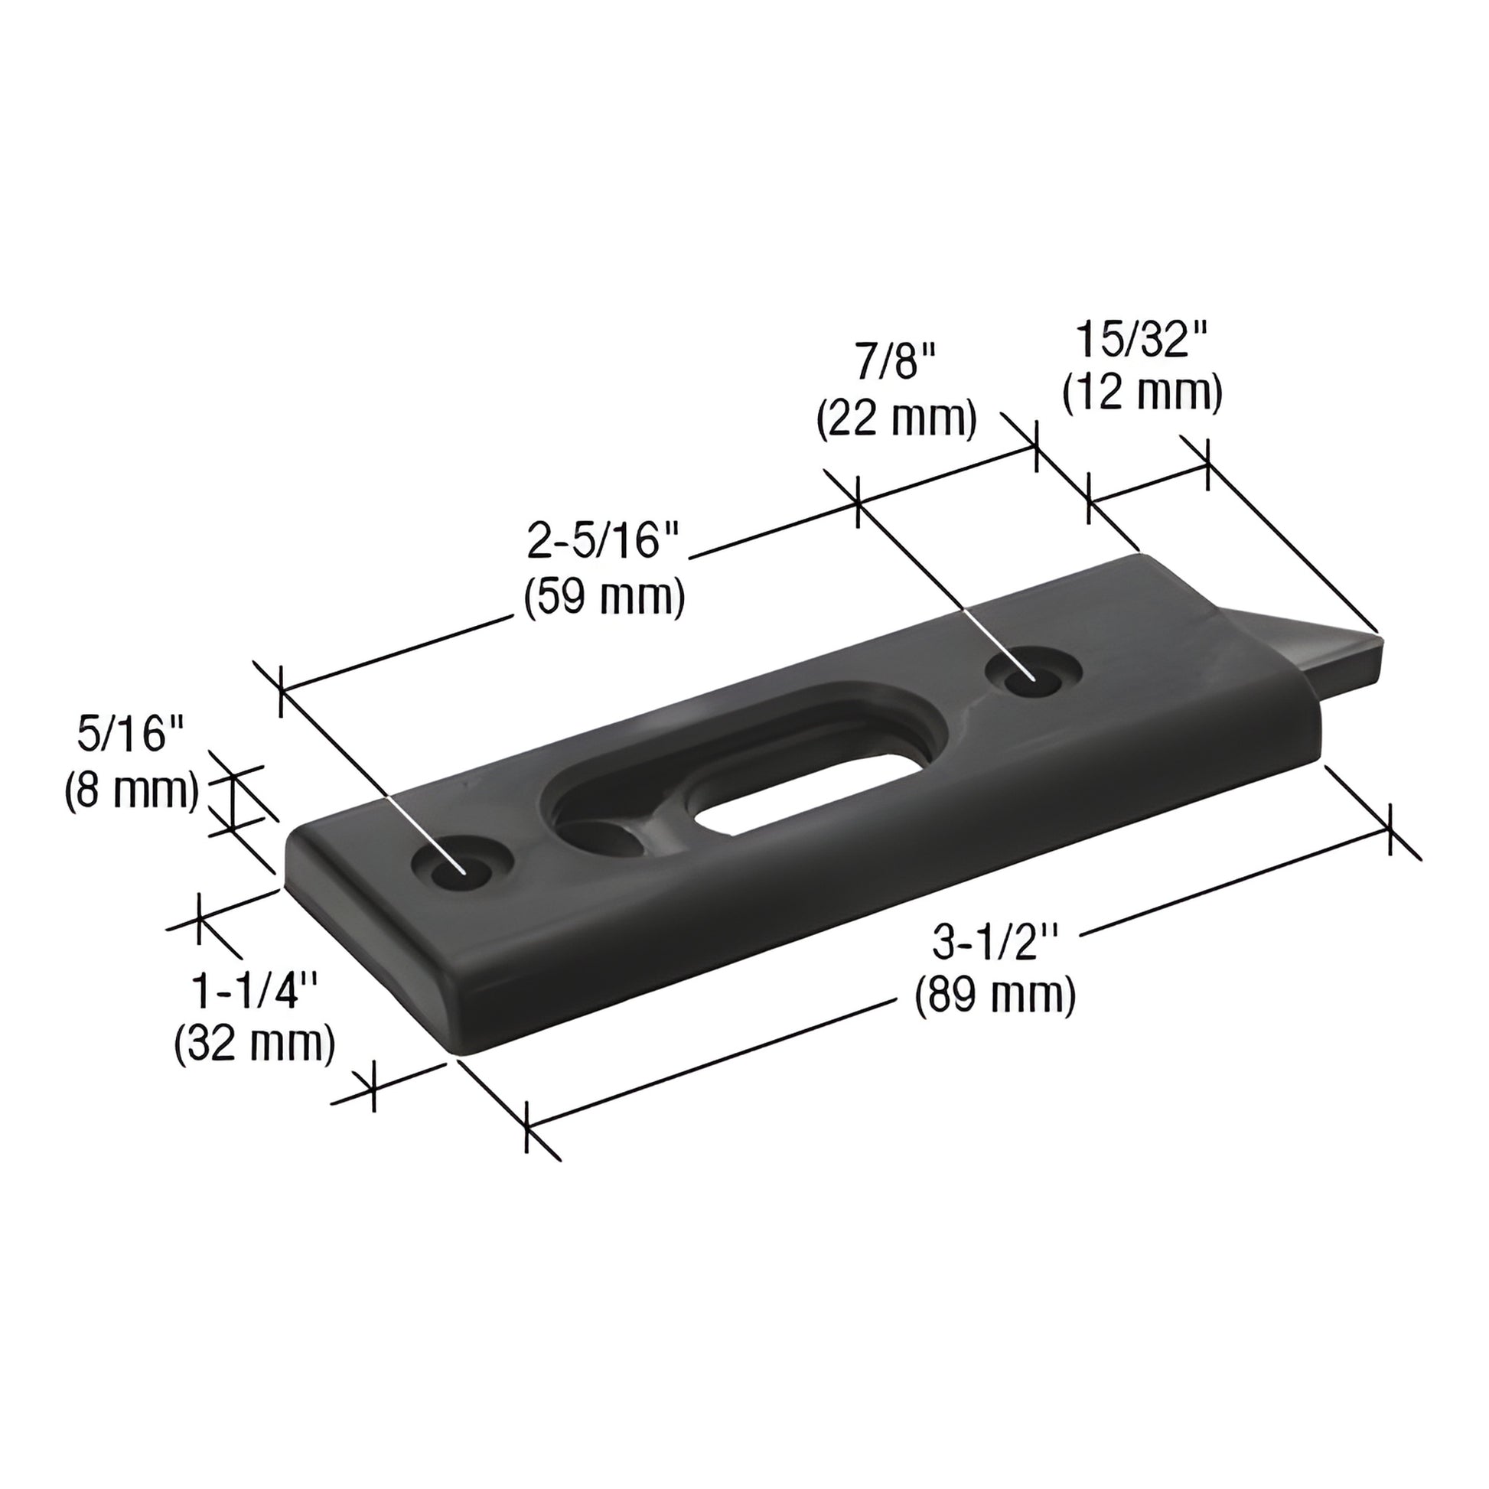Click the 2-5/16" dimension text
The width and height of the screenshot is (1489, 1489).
(603, 542)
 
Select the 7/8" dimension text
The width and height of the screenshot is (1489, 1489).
(895, 361)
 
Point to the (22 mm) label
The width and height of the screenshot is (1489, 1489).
(897, 420)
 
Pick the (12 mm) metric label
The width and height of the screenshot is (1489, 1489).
(1142, 394)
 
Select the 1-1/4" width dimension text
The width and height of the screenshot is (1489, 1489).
(255, 991)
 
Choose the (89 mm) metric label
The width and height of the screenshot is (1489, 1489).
(995, 996)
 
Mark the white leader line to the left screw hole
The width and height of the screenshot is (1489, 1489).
(428, 834)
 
